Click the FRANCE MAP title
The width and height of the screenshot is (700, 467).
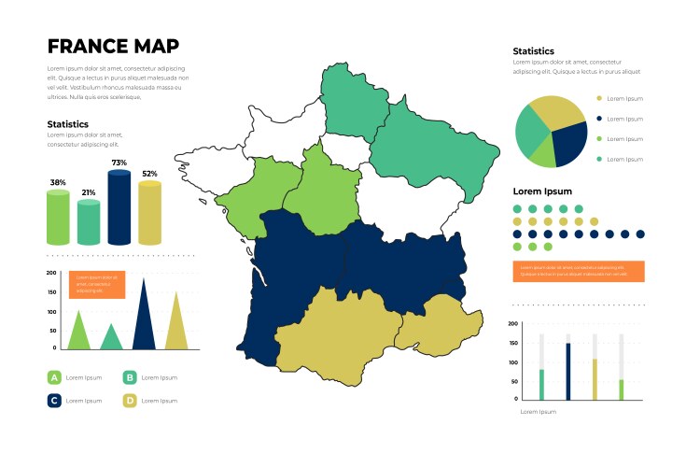(x=113, y=47)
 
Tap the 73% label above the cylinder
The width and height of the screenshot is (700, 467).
(x=119, y=163)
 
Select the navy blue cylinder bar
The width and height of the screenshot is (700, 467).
(x=119, y=208)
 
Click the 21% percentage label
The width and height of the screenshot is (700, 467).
(x=89, y=192)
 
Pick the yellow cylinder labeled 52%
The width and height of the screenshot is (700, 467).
(x=149, y=213)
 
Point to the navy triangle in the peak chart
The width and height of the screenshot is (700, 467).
(x=144, y=318)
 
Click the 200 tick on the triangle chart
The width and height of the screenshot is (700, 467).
(x=51, y=272)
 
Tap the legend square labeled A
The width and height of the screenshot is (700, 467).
(x=54, y=377)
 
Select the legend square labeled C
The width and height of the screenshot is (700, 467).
(x=54, y=401)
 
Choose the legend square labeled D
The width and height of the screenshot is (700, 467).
(x=130, y=401)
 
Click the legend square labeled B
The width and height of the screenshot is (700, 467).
(x=130, y=377)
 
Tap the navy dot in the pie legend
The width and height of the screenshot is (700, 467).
(x=599, y=119)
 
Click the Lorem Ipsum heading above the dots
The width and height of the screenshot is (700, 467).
(x=542, y=191)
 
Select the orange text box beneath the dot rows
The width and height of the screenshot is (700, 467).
(x=579, y=271)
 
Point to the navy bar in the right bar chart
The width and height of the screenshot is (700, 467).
(x=567, y=371)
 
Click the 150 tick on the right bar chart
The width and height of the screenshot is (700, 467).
(x=513, y=343)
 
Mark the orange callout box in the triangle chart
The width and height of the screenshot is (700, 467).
(x=97, y=285)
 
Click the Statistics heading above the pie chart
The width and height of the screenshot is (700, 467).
(x=534, y=51)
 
